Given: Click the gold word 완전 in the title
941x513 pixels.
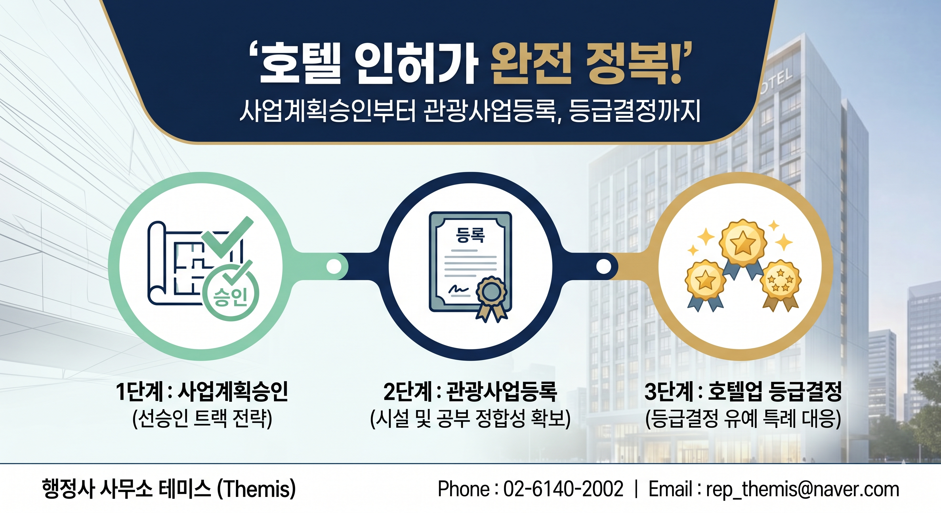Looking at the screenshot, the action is pyautogui.click(x=530, y=63).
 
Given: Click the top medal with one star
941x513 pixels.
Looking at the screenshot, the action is pyautogui.click(x=742, y=243).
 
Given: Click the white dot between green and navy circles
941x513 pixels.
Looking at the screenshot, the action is pyautogui.click(x=333, y=266).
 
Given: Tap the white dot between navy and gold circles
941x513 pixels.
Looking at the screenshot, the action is pyautogui.click(x=603, y=266).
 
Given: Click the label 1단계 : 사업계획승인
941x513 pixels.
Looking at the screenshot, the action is pyautogui.click(x=202, y=392).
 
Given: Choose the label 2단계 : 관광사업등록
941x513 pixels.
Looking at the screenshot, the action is pyautogui.click(x=470, y=392).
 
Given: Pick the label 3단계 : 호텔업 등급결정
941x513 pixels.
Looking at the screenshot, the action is pyautogui.click(x=743, y=392).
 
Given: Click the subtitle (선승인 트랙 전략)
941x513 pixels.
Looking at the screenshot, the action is pyautogui.click(x=202, y=419).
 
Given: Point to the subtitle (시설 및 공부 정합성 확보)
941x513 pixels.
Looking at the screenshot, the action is pyautogui.click(x=470, y=419).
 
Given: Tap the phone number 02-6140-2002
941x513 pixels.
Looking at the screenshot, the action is pyautogui.click(x=563, y=489).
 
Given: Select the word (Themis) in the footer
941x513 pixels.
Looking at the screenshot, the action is pyautogui.click(x=256, y=489).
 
